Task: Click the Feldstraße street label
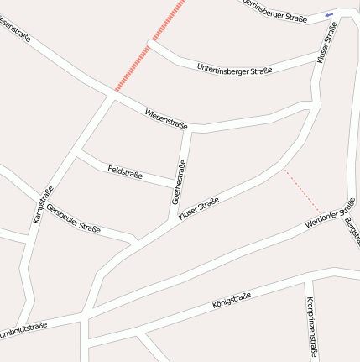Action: pos(125,173)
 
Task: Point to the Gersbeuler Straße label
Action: pos(73,218)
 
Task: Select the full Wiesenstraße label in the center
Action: pos(165,118)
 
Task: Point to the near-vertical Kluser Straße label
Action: pos(326,44)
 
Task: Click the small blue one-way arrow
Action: pos(328,14)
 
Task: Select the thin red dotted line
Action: pos(302,190)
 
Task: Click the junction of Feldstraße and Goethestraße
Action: pos(175,186)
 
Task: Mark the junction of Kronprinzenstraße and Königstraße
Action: pos(304,283)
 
